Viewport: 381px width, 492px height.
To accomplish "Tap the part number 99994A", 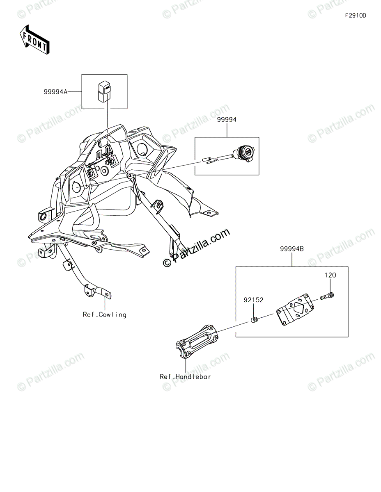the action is point(55,92).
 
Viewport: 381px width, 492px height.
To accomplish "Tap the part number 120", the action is point(331,275).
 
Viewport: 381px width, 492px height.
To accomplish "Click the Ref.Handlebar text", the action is point(186,376).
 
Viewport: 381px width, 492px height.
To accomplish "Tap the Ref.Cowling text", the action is point(105,314).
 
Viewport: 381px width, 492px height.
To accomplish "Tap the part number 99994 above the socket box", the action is point(227,120).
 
